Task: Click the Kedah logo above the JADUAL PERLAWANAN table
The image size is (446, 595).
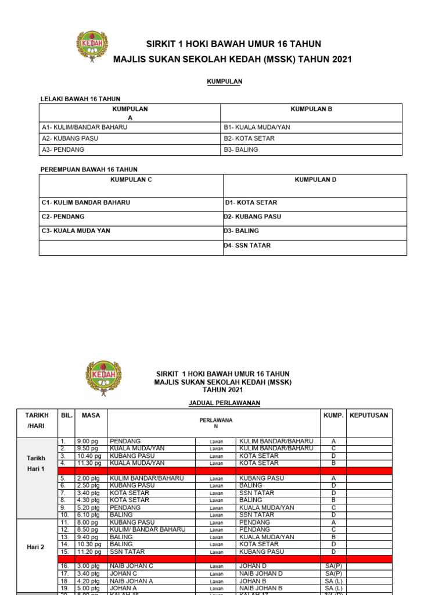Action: pyautogui.click(x=103, y=378)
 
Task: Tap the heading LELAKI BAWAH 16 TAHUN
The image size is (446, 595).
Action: pyautogui.click(x=80, y=99)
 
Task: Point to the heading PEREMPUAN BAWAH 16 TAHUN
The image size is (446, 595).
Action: pyautogui.click(x=88, y=169)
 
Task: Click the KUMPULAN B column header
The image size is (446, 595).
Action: pyautogui.click(x=311, y=109)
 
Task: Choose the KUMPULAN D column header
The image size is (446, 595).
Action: pyautogui.click(x=315, y=180)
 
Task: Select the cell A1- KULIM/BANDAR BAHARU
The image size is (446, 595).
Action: pyautogui.click(x=84, y=127)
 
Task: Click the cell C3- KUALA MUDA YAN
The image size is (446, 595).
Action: pyautogui.click(x=75, y=231)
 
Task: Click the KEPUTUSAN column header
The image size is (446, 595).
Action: pyautogui.click(x=369, y=415)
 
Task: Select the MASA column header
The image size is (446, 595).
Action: pyautogui.click(x=91, y=415)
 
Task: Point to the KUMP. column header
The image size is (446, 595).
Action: pyautogui.click(x=333, y=415)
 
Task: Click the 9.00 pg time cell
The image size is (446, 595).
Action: pyautogui.click(x=86, y=441)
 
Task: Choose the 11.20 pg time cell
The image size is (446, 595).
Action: pyautogui.click(x=88, y=551)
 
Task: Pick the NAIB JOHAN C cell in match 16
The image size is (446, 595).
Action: pyautogui.click(x=131, y=565)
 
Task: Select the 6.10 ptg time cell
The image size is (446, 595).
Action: pyautogui.click(x=88, y=515)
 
